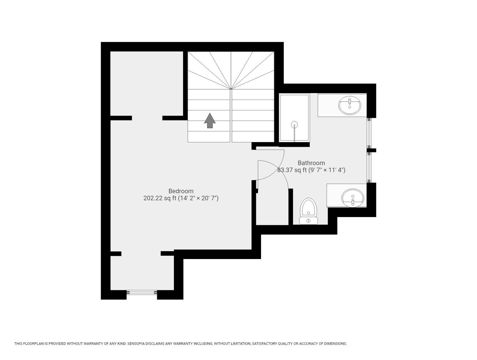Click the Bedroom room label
coord(181,191)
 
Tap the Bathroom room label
coord(311,163)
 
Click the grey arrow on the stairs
coord(210,121)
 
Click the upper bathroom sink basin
coord(350,105)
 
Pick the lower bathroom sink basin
coord(353,198)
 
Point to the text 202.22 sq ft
coord(160,198)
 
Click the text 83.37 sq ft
coord(292,170)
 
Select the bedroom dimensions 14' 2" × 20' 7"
coord(199,198)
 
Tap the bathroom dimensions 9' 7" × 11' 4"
coord(327,170)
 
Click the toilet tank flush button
coord(309,221)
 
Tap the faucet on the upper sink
coord(350,103)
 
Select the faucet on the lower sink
coord(353,201)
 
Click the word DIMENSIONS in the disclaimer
coord(336,344)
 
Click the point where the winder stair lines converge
coord(231,89)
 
